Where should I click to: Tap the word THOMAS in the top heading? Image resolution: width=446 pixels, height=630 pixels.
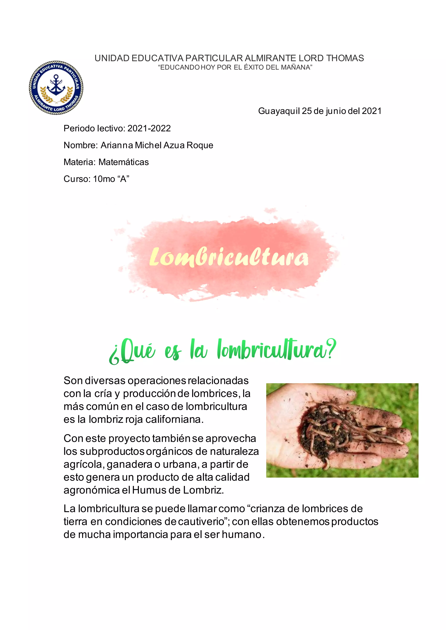[x=345, y=58]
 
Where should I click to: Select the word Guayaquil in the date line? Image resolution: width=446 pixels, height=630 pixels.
[x=279, y=111]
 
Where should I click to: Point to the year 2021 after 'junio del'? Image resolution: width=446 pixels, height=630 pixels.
[x=372, y=111]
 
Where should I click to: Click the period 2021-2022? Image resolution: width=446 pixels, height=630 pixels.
[x=149, y=128]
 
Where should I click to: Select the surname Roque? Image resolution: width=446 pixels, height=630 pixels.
[x=200, y=145]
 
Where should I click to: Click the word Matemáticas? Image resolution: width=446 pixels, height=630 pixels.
[x=123, y=162]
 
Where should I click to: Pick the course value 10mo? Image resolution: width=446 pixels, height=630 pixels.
[x=104, y=179]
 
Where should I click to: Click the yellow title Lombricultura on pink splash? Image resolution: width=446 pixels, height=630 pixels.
[x=229, y=257]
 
